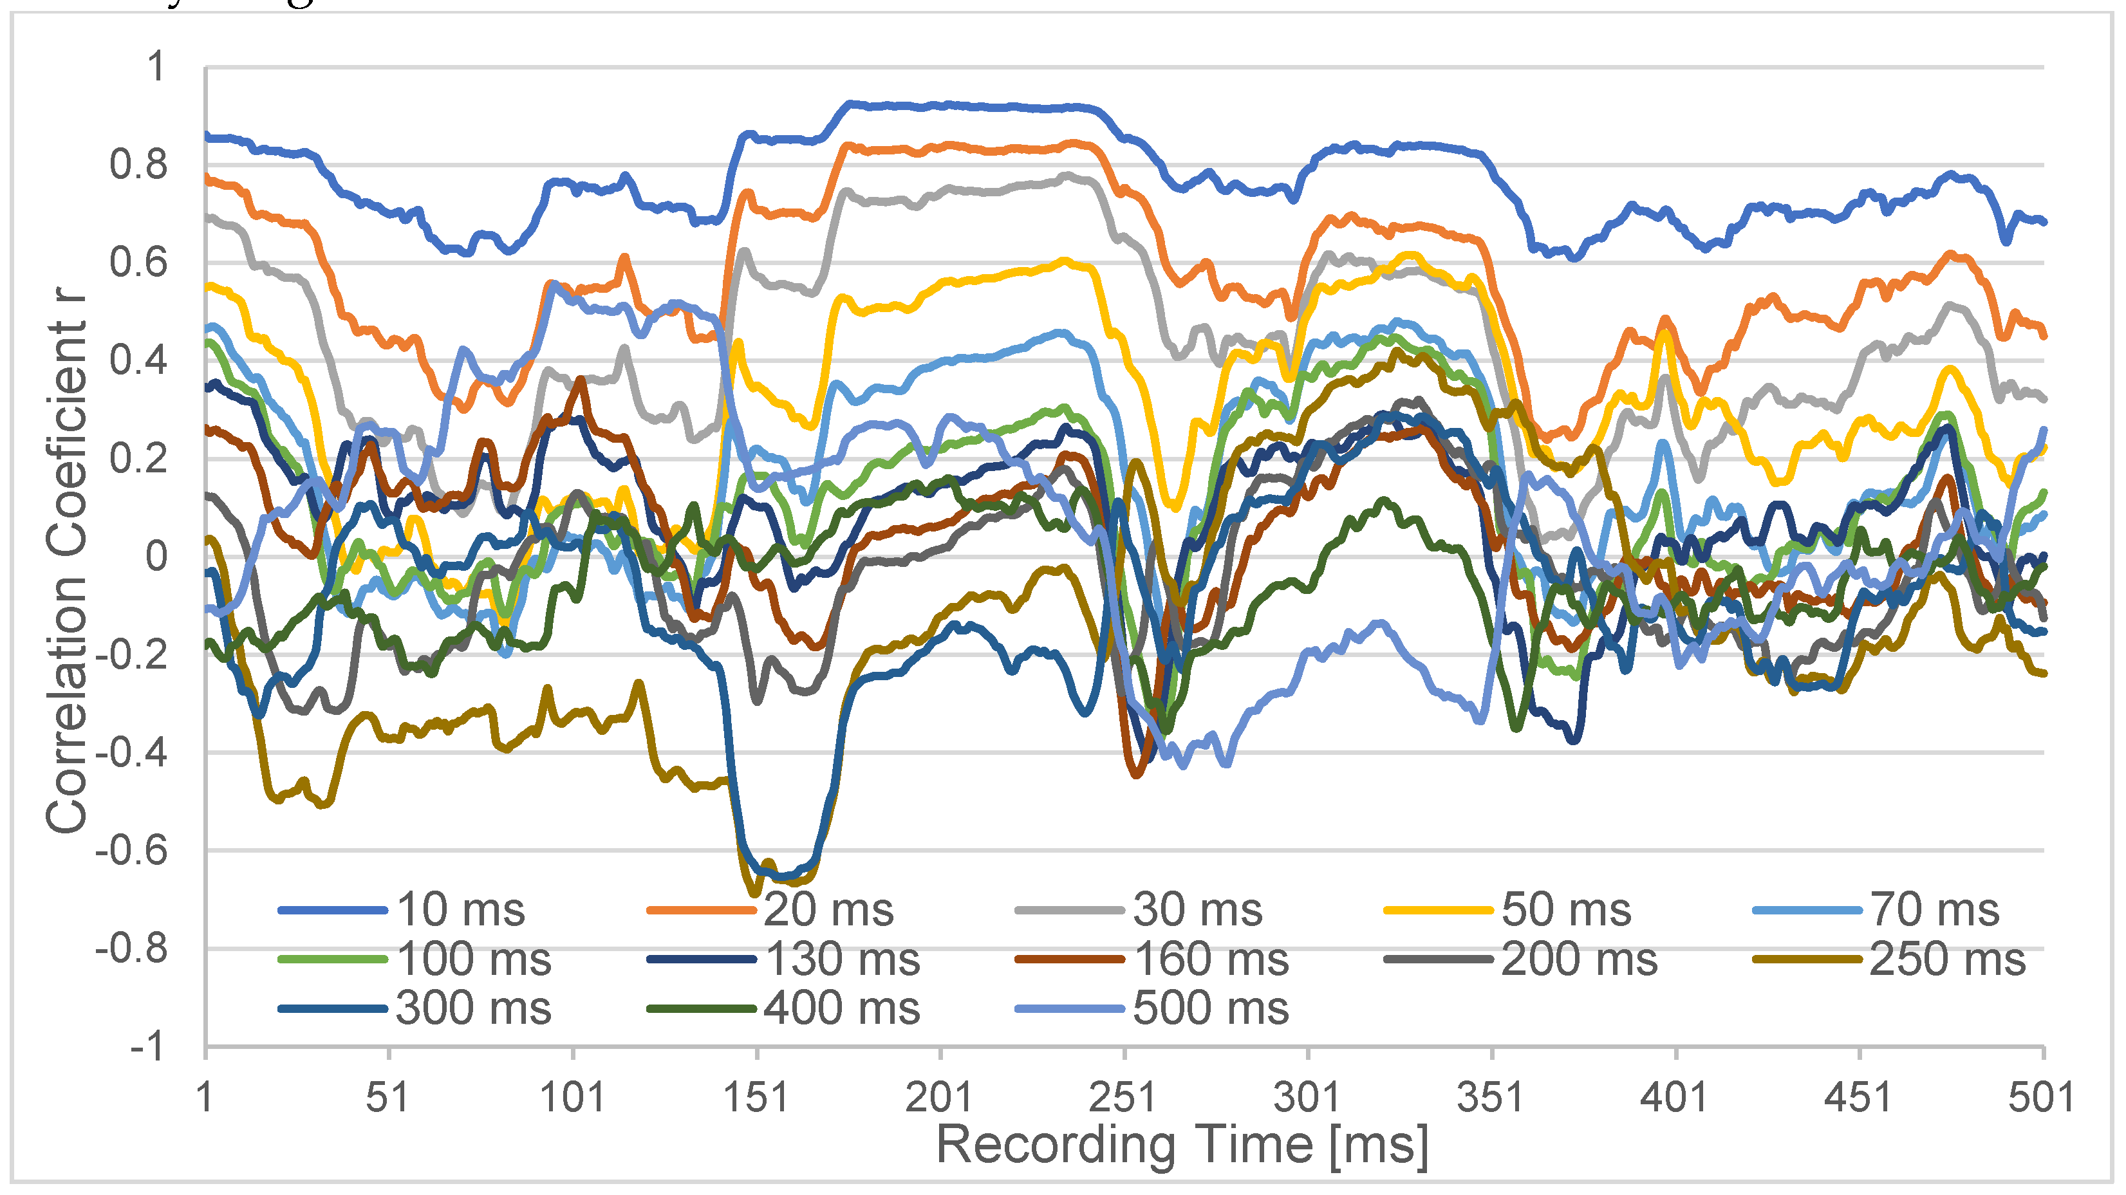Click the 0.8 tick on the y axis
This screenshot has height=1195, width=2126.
(x=138, y=165)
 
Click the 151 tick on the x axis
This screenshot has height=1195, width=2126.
(x=756, y=1098)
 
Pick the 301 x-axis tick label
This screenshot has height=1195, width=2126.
(x=1307, y=1098)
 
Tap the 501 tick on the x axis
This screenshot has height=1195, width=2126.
(x=2041, y=1098)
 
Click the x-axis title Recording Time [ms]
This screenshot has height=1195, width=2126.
(x=1181, y=1146)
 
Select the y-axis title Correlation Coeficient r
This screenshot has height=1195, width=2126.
(x=66, y=561)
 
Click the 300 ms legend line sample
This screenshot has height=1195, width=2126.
(x=333, y=1008)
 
